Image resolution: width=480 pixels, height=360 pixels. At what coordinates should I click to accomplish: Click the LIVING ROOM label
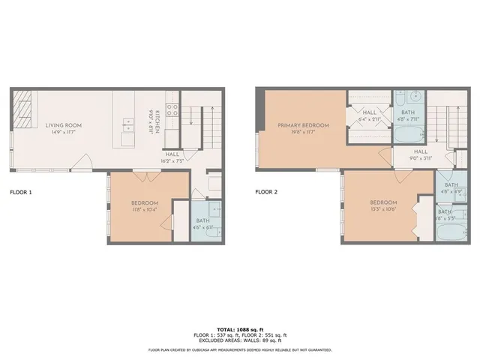pyautogui.click(x=63, y=125)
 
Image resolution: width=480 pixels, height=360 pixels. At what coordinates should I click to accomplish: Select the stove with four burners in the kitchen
pyautogui.click(x=170, y=112)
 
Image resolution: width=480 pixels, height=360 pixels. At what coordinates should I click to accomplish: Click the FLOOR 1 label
pyautogui.click(x=21, y=192)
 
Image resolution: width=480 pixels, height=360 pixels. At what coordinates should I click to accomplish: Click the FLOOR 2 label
pyautogui.click(x=266, y=192)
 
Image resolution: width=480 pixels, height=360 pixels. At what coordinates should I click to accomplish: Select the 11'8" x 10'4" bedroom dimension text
pyautogui.click(x=145, y=210)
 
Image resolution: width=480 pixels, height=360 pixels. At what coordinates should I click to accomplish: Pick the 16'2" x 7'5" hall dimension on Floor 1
pyautogui.click(x=172, y=160)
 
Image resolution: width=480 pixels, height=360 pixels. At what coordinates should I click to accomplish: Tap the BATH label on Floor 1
pyautogui.click(x=202, y=220)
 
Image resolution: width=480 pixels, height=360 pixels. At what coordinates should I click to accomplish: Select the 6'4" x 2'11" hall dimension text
pyautogui.click(x=370, y=118)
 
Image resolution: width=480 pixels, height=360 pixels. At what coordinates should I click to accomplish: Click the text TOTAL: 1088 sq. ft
pyautogui.click(x=240, y=329)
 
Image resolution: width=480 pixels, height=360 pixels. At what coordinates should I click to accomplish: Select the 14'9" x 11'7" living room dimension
pyautogui.click(x=63, y=132)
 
